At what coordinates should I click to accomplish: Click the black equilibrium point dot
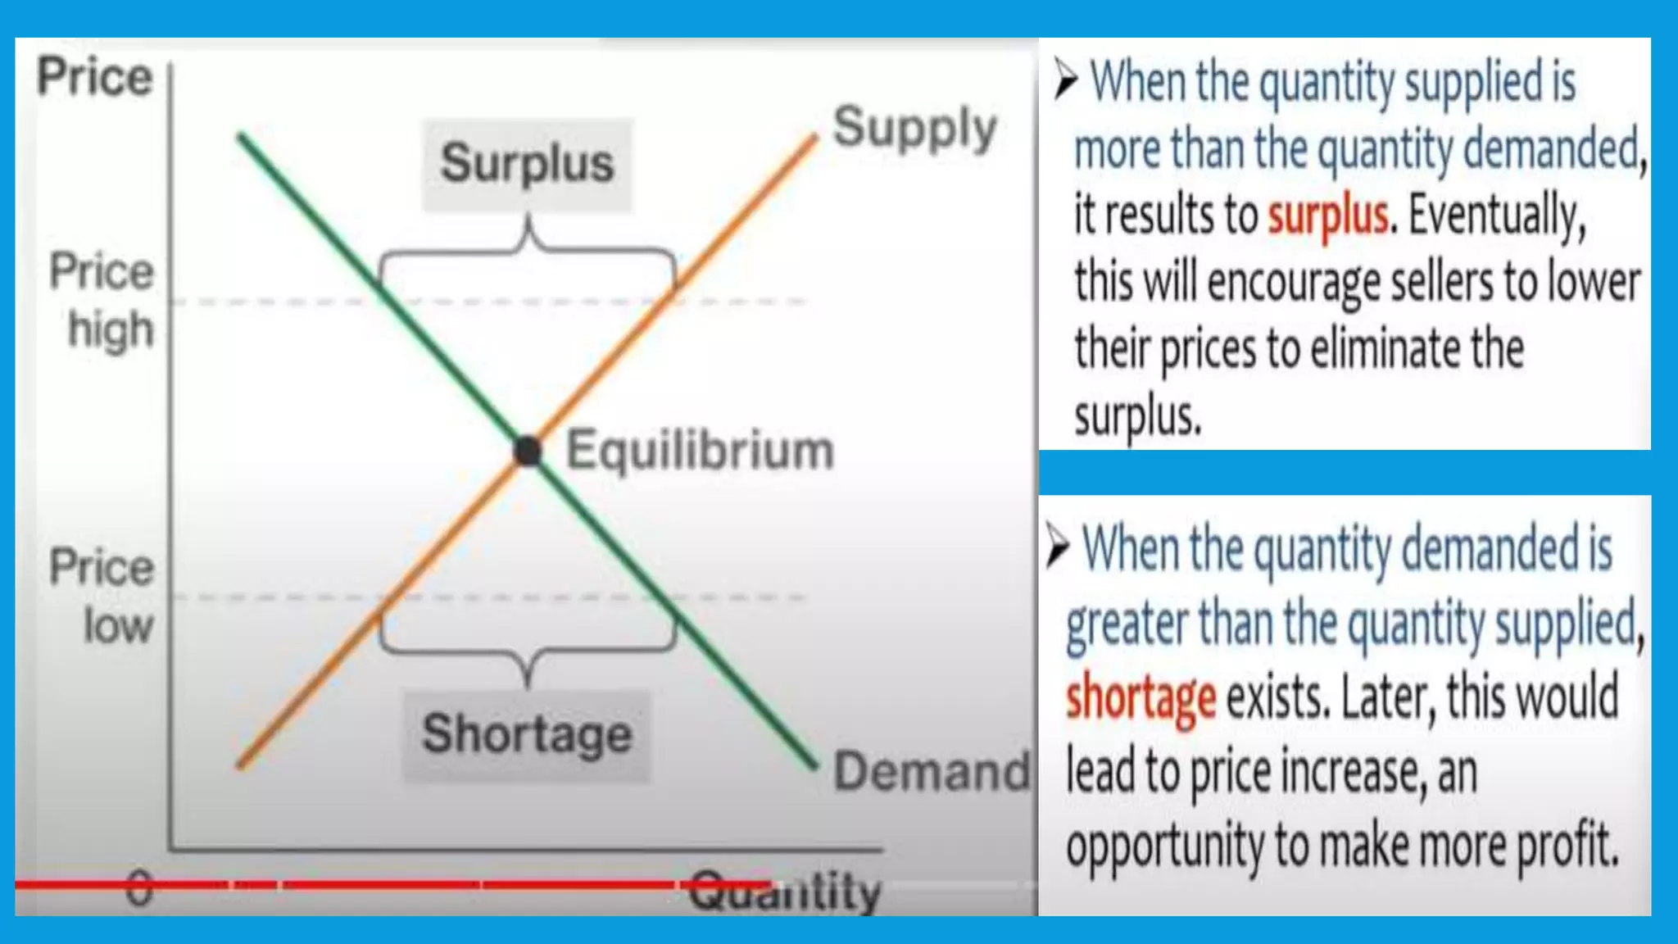coord(528,451)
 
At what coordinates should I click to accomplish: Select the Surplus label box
coord(527,164)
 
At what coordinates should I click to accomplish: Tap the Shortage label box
coord(527,734)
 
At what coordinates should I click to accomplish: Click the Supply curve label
coord(914,129)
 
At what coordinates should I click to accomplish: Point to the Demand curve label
coord(931,771)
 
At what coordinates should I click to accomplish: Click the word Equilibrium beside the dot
coord(700,451)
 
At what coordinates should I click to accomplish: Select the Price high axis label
coord(102,300)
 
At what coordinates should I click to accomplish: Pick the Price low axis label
coord(102,596)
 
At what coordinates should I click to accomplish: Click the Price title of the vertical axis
coord(95,77)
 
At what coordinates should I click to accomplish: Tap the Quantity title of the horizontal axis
coord(785,892)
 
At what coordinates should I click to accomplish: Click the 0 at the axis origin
coord(139,888)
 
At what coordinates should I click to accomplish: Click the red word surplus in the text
coord(1328,216)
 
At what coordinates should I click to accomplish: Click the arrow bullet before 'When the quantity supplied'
coord(1065,79)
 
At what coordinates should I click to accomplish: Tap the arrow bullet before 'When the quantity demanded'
coord(1058,547)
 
